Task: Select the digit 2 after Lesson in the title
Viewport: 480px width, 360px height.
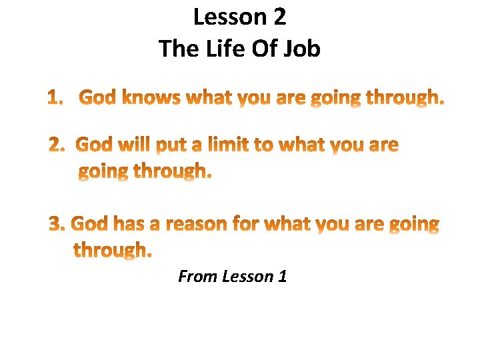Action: tap(279, 17)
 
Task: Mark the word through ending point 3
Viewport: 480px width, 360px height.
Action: tap(112, 251)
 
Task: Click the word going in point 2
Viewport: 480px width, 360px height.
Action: tap(104, 173)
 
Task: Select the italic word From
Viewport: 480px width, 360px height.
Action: tap(198, 276)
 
